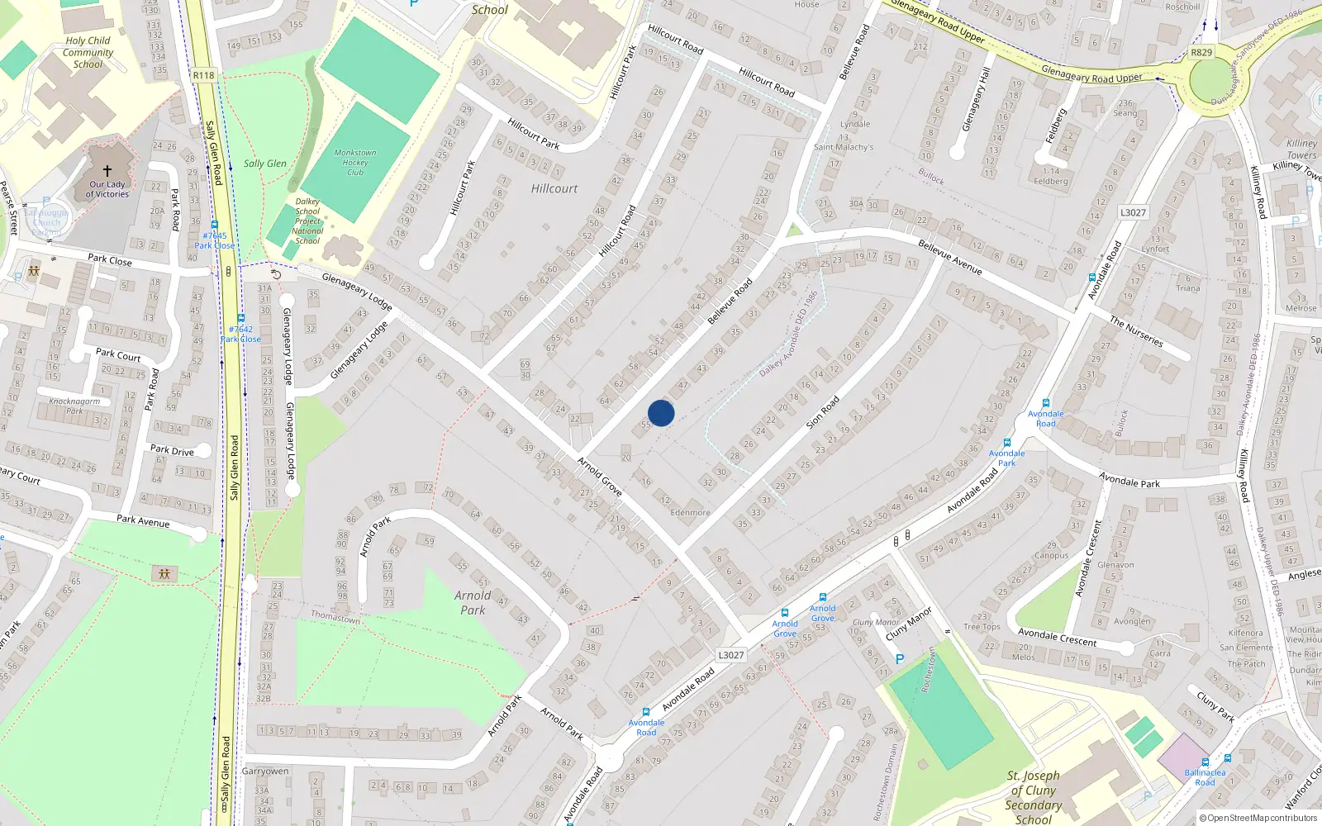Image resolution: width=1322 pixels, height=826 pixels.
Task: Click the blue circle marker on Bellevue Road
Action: (661, 413)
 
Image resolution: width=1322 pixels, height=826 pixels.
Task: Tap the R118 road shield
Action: (203, 75)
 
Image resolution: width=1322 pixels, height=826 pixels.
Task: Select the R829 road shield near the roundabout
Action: (1201, 53)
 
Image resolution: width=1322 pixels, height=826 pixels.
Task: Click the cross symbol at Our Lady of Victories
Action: (107, 171)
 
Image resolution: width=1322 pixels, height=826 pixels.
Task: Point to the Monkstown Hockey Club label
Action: (355, 162)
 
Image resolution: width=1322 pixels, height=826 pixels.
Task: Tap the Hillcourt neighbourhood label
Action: (554, 189)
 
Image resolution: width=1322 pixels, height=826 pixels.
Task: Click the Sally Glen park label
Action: (264, 164)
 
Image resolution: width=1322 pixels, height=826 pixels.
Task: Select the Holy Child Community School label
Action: (88, 52)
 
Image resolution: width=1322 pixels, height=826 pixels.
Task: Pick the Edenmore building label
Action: (690, 512)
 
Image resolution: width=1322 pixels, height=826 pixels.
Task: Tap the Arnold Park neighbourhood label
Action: (473, 602)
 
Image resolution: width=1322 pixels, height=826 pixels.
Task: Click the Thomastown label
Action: (335, 617)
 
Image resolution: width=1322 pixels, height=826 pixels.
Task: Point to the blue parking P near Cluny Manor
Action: (900, 659)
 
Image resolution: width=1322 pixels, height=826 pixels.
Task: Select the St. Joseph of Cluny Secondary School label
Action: (1033, 797)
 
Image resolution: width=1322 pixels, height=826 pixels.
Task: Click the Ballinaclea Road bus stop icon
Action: (1205, 762)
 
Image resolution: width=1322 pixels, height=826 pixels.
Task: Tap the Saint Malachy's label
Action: (843, 147)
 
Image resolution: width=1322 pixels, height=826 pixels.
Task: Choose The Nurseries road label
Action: (1136, 331)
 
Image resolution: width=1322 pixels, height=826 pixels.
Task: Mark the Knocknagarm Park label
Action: (74, 406)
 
